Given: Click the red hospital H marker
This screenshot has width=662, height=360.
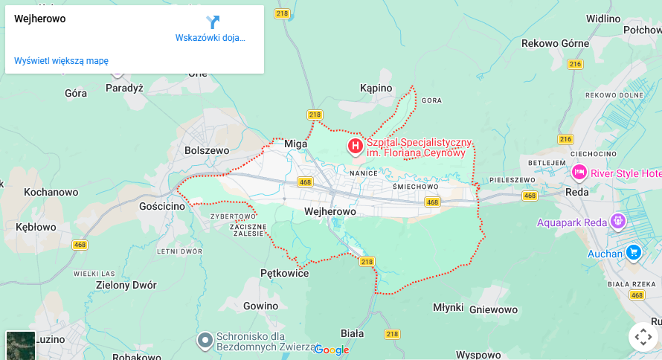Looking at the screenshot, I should pyautogui.click(x=356, y=144).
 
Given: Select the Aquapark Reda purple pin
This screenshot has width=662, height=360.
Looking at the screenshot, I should pyautogui.click(x=617, y=221).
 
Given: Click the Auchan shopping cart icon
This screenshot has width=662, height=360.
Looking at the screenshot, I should pyautogui.click(x=634, y=252).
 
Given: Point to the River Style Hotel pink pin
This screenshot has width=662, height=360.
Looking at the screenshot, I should pyautogui.click(x=579, y=173).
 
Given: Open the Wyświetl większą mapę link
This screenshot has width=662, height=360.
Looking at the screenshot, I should pyautogui.click(x=61, y=61).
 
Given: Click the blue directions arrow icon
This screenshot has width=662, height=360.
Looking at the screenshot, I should pyautogui.click(x=213, y=22).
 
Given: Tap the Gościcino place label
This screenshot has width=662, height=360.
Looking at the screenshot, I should pyautogui.click(x=162, y=206).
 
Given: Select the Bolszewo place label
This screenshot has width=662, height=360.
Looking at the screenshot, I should pyautogui.click(x=207, y=150).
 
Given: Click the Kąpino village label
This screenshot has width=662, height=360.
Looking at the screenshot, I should pyautogui.click(x=376, y=89).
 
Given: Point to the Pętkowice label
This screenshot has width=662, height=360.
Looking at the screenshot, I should pyautogui.click(x=285, y=273).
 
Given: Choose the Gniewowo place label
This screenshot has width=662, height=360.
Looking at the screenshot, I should pyautogui.click(x=494, y=309).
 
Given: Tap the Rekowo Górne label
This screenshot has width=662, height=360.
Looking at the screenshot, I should pyautogui.click(x=555, y=43).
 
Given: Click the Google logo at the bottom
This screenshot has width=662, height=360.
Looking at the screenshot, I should pyautogui.click(x=332, y=350).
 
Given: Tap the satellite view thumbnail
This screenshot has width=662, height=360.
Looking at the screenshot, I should pyautogui.click(x=20, y=345).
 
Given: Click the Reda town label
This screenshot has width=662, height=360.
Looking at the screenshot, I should pyautogui.click(x=576, y=192).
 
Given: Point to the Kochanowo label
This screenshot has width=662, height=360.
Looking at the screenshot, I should pyautogui.click(x=51, y=192).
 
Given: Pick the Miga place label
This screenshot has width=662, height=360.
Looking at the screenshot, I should pyautogui.click(x=296, y=144).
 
